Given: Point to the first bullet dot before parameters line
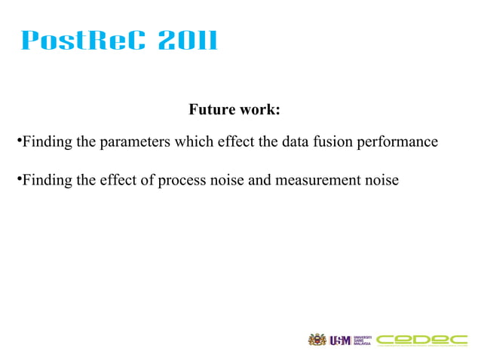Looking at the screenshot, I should click(x=18, y=140).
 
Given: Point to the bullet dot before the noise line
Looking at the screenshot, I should click(x=18, y=180).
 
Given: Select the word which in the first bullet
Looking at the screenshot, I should click(x=194, y=141).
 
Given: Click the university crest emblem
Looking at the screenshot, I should click(x=317, y=340).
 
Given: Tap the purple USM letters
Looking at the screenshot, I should click(x=340, y=340).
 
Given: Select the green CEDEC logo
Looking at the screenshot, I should click(x=422, y=340).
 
